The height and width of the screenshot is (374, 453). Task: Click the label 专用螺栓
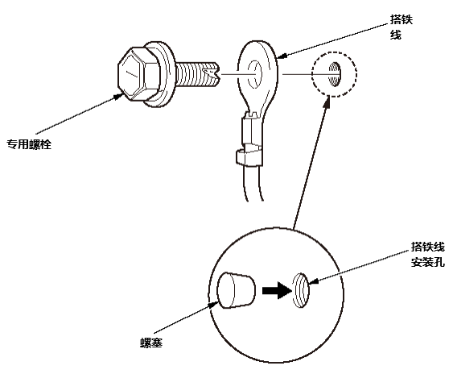(29, 144)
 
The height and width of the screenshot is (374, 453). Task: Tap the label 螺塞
(151, 343)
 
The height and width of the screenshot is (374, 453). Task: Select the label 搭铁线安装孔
(428, 255)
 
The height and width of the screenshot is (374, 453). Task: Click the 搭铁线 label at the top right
(402, 27)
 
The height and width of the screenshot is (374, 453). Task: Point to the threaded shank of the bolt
(196, 74)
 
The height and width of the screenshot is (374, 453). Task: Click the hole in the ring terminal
(254, 74)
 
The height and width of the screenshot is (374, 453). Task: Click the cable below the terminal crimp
(254, 183)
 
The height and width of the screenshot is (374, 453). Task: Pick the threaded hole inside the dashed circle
(336, 74)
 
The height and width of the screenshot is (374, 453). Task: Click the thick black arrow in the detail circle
(277, 290)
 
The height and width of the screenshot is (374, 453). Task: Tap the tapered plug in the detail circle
(236, 289)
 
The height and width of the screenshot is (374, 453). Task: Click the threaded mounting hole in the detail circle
(301, 290)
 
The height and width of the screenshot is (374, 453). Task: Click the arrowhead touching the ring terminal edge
(282, 56)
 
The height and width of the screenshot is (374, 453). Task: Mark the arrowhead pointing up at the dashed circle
(327, 102)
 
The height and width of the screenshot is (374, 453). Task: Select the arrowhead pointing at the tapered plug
(214, 304)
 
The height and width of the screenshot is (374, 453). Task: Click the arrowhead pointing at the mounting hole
(314, 280)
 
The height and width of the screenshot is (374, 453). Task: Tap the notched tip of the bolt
(213, 74)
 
